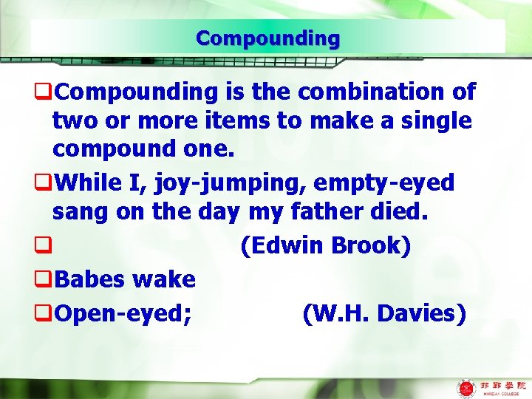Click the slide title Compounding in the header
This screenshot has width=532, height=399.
[267, 38]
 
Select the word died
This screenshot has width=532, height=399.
[403, 211]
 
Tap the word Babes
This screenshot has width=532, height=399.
[91, 279]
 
